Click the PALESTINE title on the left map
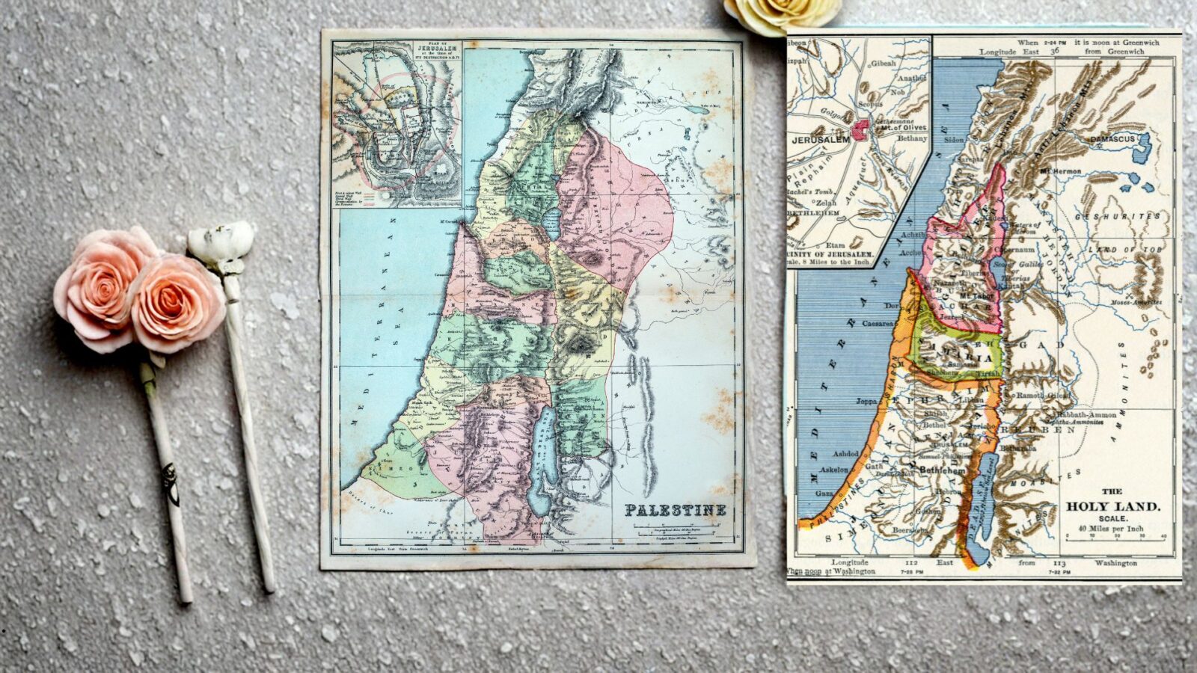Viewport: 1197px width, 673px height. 676,511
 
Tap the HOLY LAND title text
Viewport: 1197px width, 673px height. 1112,506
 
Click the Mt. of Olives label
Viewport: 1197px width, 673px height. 902,128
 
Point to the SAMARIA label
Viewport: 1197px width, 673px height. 953,358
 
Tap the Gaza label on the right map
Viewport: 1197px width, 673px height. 824,494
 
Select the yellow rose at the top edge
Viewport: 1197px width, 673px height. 783,14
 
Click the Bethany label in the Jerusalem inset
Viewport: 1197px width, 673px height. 912,138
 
